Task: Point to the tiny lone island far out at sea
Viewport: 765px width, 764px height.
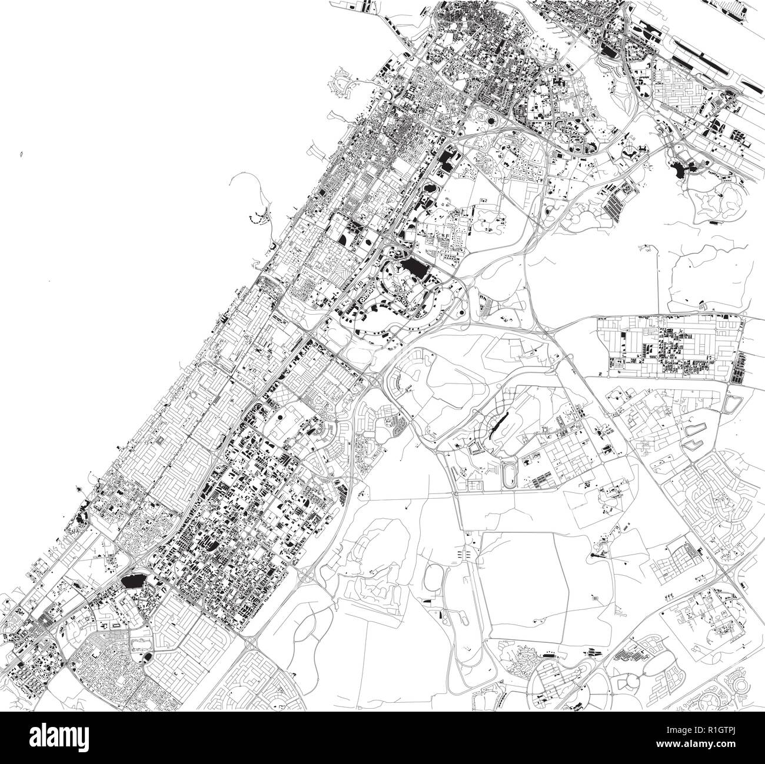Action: pyautogui.click(x=21, y=155)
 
